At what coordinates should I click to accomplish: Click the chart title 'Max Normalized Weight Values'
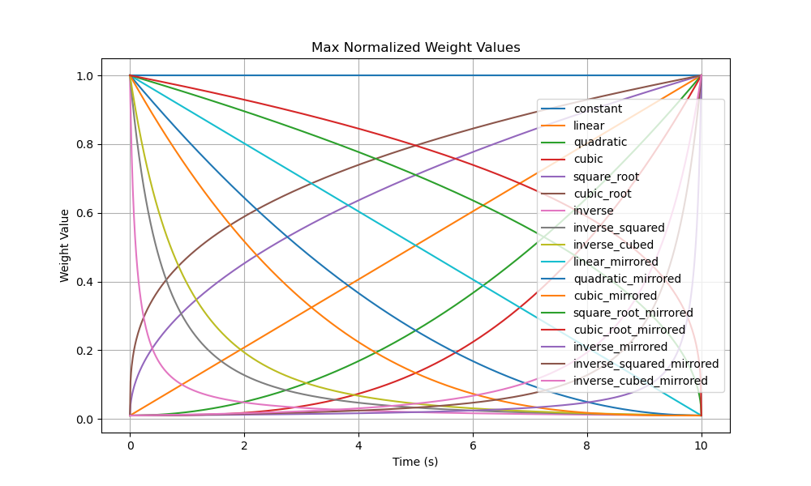click(415, 48)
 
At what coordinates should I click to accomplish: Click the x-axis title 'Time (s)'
click(415, 462)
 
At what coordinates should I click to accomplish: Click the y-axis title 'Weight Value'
click(65, 245)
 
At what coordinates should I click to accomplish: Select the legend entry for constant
click(598, 109)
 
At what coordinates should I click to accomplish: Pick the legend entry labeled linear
click(589, 126)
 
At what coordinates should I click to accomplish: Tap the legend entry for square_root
click(606, 177)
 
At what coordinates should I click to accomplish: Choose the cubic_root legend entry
click(603, 194)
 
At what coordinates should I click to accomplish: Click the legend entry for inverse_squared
click(619, 228)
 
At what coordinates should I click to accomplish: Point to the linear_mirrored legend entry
click(616, 262)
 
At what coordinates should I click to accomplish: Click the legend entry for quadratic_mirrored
click(627, 279)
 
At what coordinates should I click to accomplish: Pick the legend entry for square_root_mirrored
click(633, 313)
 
